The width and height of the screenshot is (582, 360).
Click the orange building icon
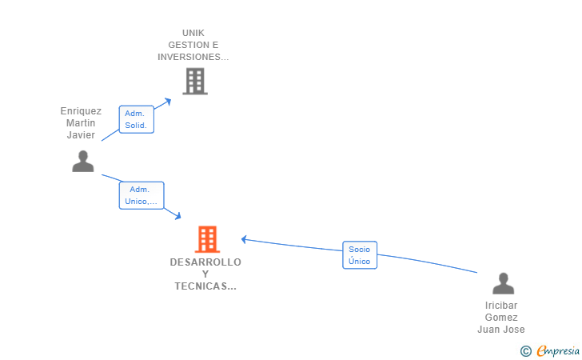[x=207, y=239]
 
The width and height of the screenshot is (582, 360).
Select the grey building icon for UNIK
[x=195, y=82]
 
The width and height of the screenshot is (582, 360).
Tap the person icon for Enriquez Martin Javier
[x=83, y=162]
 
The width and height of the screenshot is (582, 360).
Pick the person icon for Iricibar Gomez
[x=504, y=283]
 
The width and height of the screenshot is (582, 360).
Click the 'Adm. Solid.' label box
[x=136, y=119]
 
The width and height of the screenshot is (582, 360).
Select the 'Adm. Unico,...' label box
[x=142, y=195]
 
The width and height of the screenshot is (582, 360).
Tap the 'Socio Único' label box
[x=360, y=255]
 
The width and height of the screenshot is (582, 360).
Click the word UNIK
[x=193, y=33]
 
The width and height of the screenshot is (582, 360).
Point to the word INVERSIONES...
[x=189, y=57]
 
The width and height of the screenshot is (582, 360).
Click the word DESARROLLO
[x=205, y=262]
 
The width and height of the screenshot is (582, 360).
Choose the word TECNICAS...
[x=201, y=286]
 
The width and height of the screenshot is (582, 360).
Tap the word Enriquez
[x=81, y=111]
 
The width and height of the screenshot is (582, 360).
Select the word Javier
[x=81, y=135]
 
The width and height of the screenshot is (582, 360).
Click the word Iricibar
[x=501, y=306]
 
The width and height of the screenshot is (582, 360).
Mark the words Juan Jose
[x=501, y=330]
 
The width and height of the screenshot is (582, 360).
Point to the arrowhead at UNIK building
[x=168, y=102]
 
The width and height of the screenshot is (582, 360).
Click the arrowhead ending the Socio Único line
[x=244, y=240]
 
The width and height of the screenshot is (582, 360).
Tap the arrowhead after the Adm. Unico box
[x=178, y=216]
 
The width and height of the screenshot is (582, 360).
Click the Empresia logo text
[x=558, y=350]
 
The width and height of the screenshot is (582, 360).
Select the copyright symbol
[x=526, y=351]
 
